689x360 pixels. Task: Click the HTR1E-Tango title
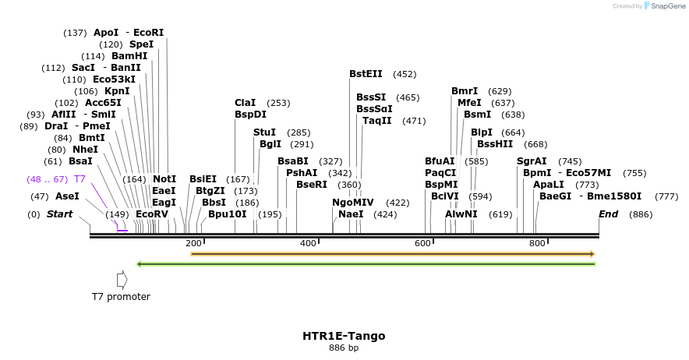[344, 336]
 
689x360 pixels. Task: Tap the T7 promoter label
[121, 296]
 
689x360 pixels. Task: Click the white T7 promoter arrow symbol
[121, 279]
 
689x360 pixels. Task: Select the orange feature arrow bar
[393, 254]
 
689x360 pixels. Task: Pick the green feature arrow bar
[366, 264]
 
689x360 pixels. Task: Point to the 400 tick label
[308, 244]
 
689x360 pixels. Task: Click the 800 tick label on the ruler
[537, 244]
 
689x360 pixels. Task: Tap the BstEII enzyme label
[366, 74]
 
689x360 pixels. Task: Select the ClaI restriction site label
[245, 103]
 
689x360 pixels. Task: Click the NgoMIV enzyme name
[353, 203]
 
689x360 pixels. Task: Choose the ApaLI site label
[549, 185]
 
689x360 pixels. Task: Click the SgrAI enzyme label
[532, 161]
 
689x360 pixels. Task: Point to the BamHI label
[129, 56]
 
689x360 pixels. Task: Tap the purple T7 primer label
[79, 179]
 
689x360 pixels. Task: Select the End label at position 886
[608, 214]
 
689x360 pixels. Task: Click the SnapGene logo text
[665, 6]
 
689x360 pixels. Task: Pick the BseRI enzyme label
[312, 185]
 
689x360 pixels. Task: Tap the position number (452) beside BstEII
[405, 74]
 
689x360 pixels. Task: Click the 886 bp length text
[344, 348]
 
